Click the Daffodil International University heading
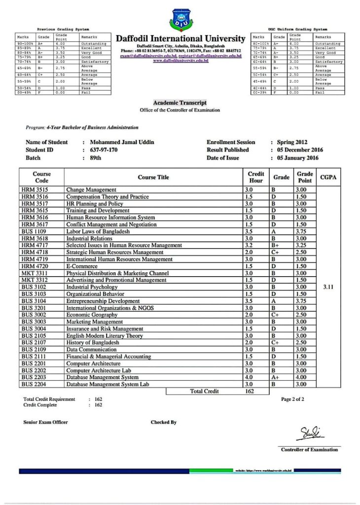(180, 38)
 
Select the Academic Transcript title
(180, 103)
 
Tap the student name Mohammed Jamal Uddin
(122, 142)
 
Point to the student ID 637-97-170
(104, 150)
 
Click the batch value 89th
(96, 158)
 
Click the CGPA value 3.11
(328, 287)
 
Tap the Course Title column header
(153, 177)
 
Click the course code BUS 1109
(34, 231)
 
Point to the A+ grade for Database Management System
(274, 377)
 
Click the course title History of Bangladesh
(93, 342)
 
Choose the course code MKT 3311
(34, 273)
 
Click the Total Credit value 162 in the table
(249, 391)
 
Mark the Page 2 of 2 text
(292, 399)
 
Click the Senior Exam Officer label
(46, 422)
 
